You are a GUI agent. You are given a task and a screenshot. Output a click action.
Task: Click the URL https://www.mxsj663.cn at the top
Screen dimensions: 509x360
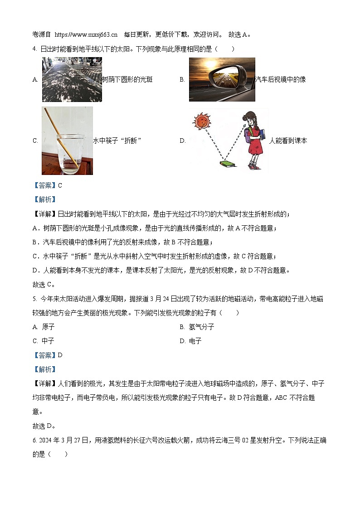[x=86, y=34]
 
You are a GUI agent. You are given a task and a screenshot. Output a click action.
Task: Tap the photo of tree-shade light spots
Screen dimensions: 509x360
[x=72, y=79]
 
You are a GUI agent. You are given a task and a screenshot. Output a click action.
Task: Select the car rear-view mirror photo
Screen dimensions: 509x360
[x=222, y=79]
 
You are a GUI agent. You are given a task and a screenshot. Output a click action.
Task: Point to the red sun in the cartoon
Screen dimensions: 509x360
[x=200, y=121]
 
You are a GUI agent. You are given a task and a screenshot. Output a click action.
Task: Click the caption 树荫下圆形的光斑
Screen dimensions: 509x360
[x=127, y=80]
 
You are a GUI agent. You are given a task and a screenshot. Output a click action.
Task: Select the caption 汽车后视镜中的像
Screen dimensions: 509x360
[x=280, y=80]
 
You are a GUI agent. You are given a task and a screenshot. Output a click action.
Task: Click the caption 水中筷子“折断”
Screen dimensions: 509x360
[x=117, y=141]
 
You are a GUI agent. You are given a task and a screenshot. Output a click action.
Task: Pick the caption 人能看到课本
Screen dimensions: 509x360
[x=288, y=141]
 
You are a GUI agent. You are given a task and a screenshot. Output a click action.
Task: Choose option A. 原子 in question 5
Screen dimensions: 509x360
[x=44, y=327]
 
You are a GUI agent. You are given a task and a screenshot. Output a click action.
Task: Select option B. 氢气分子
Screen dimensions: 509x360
[x=197, y=327]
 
